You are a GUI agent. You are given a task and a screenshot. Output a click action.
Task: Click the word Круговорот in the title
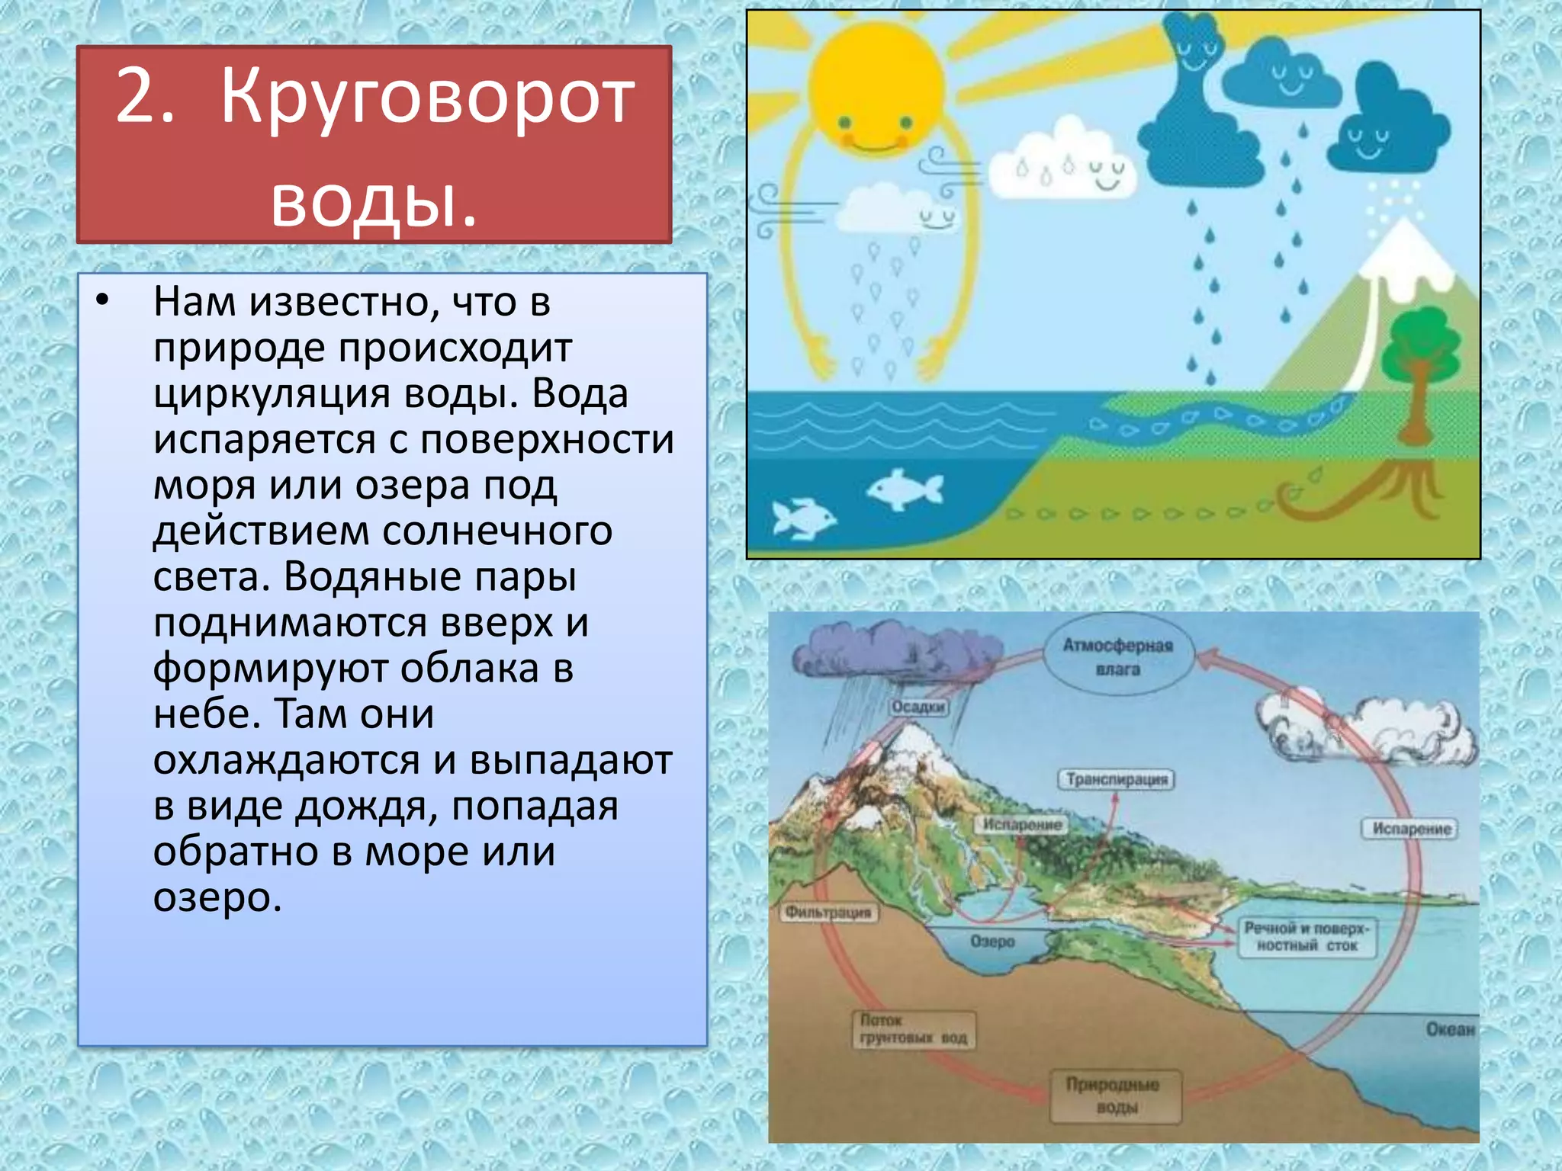coord(427,99)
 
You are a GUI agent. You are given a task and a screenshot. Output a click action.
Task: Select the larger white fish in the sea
coord(905,489)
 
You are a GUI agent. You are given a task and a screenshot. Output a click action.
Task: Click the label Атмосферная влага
coord(1117,657)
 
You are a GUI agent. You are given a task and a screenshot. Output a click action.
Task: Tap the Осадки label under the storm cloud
coord(918,707)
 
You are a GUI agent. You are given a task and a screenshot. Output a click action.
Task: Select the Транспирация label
coord(1117,780)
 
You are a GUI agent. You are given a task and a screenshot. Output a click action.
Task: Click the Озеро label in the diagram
coord(992,942)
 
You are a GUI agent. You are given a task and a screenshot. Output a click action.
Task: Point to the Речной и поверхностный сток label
coord(1306,937)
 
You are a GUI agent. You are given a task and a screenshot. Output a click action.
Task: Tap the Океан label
coord(1450,1029)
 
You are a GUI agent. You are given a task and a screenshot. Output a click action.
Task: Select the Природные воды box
coord(1114,1096)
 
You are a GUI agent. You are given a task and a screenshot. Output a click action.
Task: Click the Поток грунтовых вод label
coord(913,1029)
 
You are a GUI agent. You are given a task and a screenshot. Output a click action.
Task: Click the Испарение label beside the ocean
coord(1411,829)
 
